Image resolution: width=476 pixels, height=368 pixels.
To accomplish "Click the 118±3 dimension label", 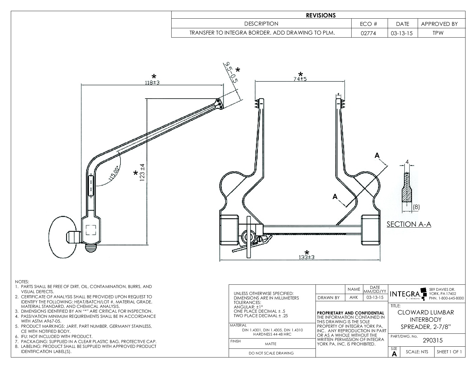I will pos(152,82).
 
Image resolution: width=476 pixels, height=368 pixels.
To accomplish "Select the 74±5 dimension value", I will pos(300,79).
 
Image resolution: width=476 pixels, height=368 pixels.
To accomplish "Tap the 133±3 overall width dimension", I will pos(307,257).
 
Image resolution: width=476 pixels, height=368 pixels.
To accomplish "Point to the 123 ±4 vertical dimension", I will pos(142,173).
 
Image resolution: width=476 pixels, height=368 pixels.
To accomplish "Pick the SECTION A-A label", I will pos(409,224).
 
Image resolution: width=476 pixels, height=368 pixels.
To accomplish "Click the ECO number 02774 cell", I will pos(369,33).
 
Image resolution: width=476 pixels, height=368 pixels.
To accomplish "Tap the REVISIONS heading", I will pos(321,15).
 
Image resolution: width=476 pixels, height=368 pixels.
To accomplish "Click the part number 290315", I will pos(432,341).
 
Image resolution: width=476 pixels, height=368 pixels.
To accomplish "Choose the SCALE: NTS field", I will pos(416,352).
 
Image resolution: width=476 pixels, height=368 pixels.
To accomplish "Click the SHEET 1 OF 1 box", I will pos(449,352).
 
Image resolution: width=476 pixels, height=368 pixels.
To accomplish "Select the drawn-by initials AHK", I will pos(354,298).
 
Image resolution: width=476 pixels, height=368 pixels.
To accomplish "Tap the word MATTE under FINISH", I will pos(270,344).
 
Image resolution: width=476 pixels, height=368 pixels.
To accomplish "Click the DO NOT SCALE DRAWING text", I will pos(271,353).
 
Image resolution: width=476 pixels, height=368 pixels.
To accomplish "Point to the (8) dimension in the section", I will pos(416,207).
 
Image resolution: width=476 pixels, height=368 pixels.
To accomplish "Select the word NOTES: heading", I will pos(22,282).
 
